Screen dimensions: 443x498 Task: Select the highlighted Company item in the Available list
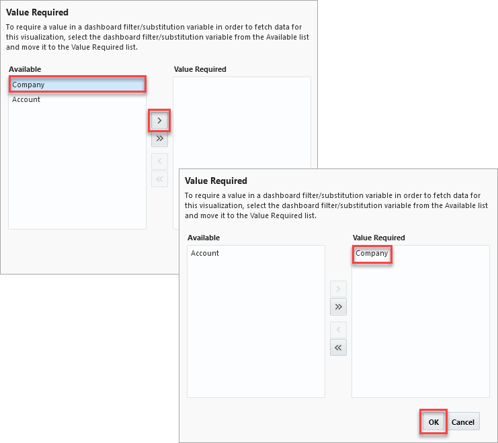tap(77, 85)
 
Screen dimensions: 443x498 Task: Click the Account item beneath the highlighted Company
tap(26, 99)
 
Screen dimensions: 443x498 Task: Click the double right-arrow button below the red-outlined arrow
tap(159, 139)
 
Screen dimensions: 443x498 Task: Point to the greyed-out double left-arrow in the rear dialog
tap(159, 179)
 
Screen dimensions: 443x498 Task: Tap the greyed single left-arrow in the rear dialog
tap(159, 161)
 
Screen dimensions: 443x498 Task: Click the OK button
tap(433, 422)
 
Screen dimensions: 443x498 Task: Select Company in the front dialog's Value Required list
tap(372, 254)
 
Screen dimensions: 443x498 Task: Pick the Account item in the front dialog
tap(205, 253)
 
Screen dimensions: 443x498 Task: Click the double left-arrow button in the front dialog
tap(338, 347)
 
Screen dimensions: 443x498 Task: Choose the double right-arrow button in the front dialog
tap(338, 307)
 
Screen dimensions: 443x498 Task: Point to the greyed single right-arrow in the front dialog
tap(338, 289)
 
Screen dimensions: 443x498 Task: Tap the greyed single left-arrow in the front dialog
tap(338, 330)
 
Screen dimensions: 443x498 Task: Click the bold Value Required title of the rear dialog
tap(37, 12)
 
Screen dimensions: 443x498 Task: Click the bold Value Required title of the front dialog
tap(216, 181)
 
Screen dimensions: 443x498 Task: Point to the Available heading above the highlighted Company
tap(25, 69)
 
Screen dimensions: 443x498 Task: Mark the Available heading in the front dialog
tap(204, 238)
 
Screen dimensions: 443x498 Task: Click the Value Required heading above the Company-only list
tap(378, 238)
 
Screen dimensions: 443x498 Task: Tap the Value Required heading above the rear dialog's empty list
tap(200, 69)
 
